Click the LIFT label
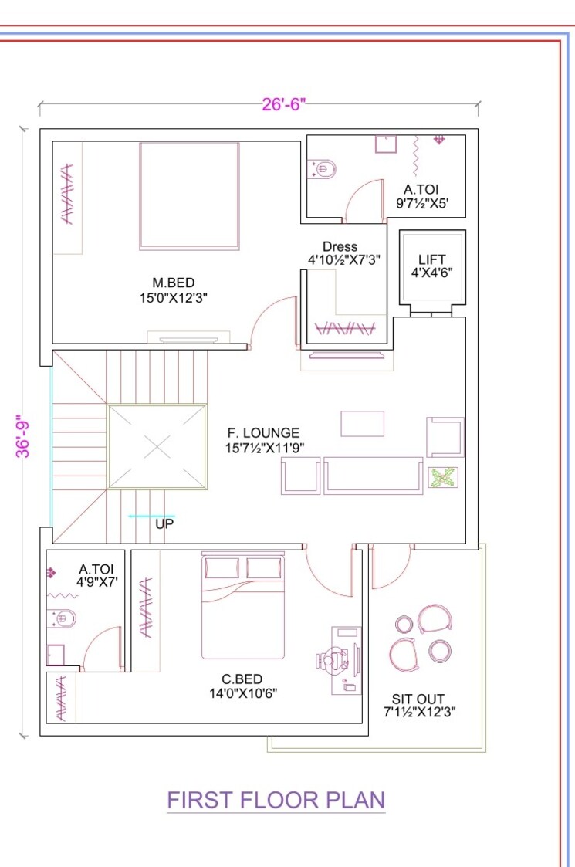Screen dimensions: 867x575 tap(431, 260)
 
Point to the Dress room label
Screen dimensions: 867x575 tap(340, 248)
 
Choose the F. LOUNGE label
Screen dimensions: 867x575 tap(262, 433)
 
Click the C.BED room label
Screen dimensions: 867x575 tap(242, 679)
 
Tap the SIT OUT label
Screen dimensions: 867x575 tap(418, 699)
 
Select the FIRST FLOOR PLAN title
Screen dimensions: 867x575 tap(276, 800)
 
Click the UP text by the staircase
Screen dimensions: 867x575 tap(164, 523)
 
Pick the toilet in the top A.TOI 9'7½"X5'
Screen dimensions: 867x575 tap(323, 168)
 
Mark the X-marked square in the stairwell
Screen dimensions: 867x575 tap(157, 446)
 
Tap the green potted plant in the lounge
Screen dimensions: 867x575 tap(443, 478)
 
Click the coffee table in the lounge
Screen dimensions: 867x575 tap(362, 424)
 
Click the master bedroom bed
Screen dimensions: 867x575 tap(189, 196)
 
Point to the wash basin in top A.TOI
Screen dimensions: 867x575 tap(385, 144)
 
